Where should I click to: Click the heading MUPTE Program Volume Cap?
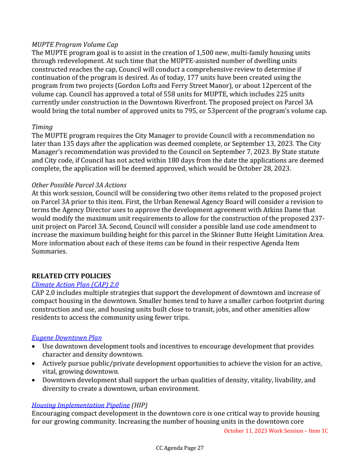(x=75, y=45)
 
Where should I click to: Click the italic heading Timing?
(x=42, y=127)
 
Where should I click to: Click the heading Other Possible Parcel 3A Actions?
(x=79, y=185)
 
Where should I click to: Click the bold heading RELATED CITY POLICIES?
(x=71, y=276)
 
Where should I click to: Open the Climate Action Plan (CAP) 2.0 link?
(x=75, y=285)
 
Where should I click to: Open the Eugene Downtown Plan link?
(x=67, y=338)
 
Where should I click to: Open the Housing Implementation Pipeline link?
(x=81, y=405)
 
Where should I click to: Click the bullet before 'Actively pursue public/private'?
(x=34, y=363)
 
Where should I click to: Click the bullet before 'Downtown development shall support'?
(x=34, y=380)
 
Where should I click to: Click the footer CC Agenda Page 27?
(x=180, y=448)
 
